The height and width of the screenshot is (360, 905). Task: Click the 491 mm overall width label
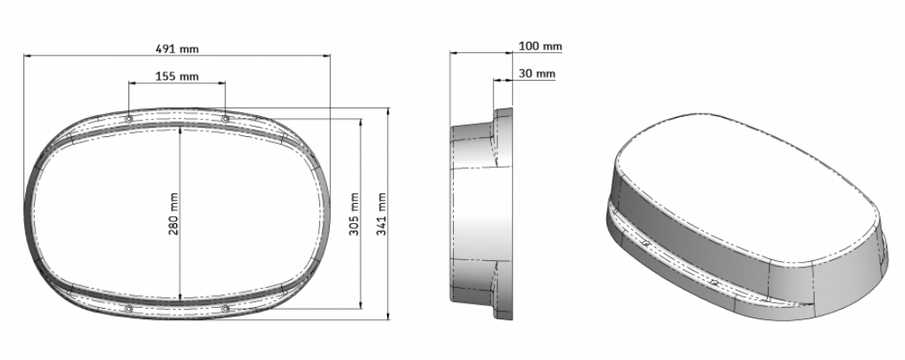coord(177,49)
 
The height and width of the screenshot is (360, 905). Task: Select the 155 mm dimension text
coord(177,76)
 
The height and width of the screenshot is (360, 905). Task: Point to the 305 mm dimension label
coord(354,213)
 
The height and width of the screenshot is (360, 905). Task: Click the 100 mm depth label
coord(540,45)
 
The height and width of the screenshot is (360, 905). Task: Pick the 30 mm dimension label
coord(536,74)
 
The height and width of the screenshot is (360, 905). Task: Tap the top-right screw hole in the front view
coord(226,117)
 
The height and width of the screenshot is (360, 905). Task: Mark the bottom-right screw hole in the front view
coord(226,310)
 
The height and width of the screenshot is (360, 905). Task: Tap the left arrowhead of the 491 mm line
coord(27,56)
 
